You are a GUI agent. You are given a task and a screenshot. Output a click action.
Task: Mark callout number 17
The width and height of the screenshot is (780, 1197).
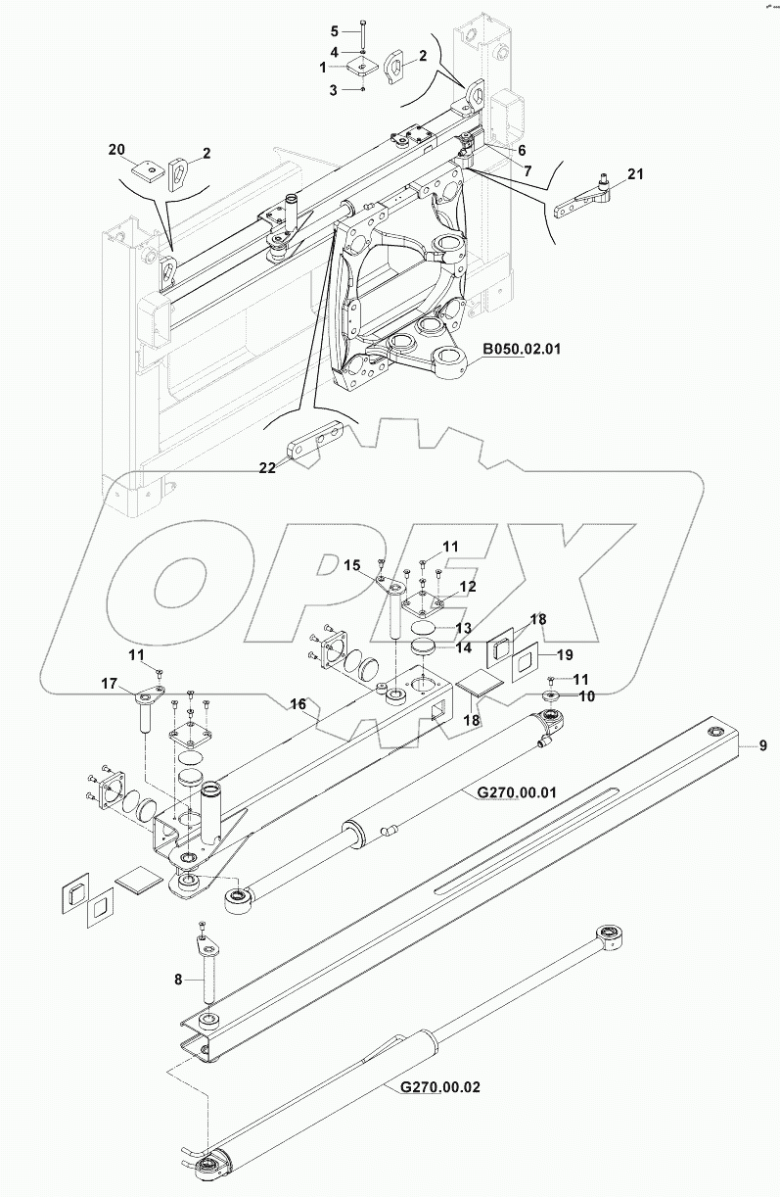pos(110,682)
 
